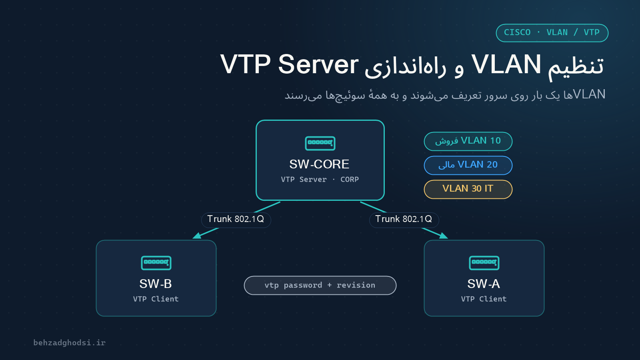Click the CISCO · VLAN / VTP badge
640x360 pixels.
click(552, 33)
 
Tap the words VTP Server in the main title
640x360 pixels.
click(289, 64)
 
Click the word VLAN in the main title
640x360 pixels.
click(506, 64)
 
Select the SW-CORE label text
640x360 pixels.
click(319, 164)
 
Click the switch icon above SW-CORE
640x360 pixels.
click(320, 143)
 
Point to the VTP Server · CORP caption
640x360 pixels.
click(320, 180)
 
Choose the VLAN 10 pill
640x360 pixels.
click(468, 141)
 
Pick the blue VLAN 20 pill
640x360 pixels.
click(468, 165)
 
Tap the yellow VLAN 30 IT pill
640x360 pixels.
click(468, 189)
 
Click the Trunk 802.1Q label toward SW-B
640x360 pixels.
click(236, 220)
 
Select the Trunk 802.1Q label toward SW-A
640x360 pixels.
click(404, 220)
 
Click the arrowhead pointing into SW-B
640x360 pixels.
click(197, 236)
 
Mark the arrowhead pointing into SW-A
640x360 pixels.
click(443, 236)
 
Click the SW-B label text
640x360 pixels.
click(156, 284)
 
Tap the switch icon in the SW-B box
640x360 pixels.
click(156, 263)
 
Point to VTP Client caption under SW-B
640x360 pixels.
click(156, 299)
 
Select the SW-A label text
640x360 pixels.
click(484, 284)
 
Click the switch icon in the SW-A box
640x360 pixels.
click(484, 263)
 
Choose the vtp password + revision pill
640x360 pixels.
click(320, 285)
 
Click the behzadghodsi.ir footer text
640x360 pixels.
click(70, 342)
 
